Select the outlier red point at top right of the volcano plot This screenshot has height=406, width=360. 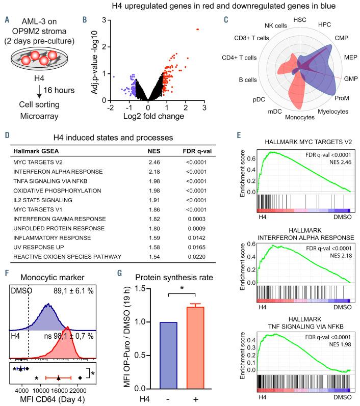(x=197, y=30)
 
